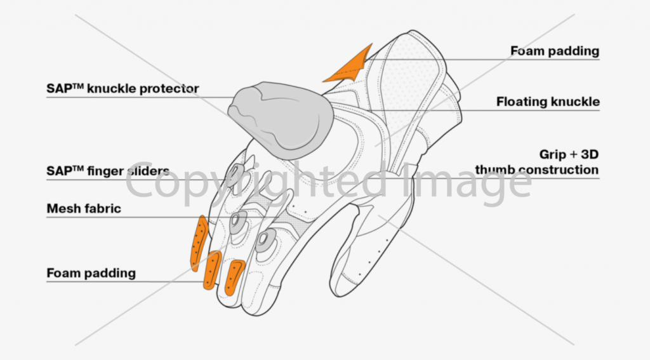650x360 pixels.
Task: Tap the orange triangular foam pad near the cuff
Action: coord(352,67)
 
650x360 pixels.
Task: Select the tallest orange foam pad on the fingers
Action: coord(199,243)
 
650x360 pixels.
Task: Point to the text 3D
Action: coord(590,154)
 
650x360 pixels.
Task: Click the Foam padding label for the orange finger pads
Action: coord(91,273)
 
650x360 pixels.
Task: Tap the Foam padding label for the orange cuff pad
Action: coord(555,51)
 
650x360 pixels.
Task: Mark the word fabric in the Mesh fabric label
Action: coord(103,208)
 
